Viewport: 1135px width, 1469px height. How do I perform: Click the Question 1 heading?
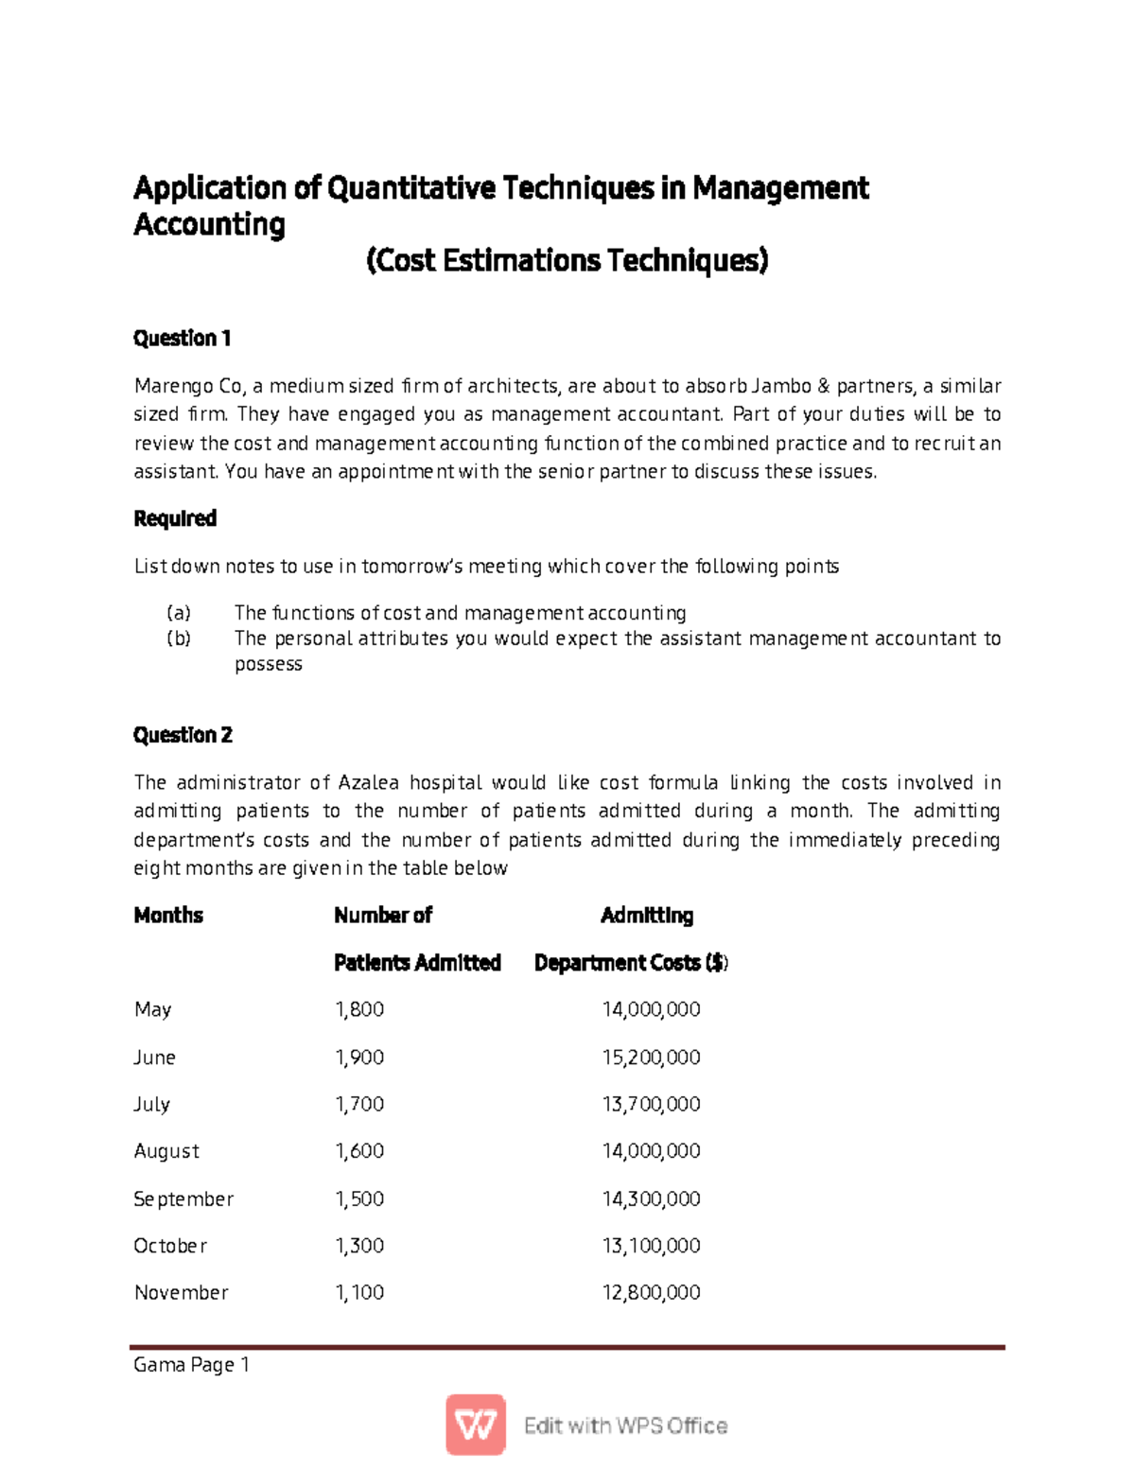pos(182,339)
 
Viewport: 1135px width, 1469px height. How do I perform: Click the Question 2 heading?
pos(183,735)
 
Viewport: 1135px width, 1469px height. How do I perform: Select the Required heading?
pos(175,518)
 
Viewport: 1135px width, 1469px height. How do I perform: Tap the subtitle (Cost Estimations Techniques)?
pos(567,260)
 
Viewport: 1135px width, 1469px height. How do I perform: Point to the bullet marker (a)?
pos(178,613)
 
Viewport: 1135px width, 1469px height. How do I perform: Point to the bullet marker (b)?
pos(178,638)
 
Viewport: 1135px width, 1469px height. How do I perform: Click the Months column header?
pos(168,916)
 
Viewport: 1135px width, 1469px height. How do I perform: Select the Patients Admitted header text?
pos(417,963)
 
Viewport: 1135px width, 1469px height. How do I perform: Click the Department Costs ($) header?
pos(631,963)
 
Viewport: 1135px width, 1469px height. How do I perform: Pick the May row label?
pos(152,1010)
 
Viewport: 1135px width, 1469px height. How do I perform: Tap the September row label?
pos(183,1199)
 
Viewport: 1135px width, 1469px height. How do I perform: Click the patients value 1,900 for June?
pos(359,1058)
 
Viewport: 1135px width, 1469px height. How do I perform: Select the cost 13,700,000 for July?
pos(651,1105)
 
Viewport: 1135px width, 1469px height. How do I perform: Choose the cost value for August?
pos(651,1151)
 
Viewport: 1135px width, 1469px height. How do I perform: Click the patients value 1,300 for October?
pos(359,1246)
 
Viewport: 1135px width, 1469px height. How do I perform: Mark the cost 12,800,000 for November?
pos(651,1293)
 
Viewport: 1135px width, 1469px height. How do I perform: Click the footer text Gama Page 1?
pos(191,1365)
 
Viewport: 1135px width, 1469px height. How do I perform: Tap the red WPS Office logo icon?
pos(476,1425)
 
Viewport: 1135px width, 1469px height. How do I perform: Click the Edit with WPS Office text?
pos(625,1426)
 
